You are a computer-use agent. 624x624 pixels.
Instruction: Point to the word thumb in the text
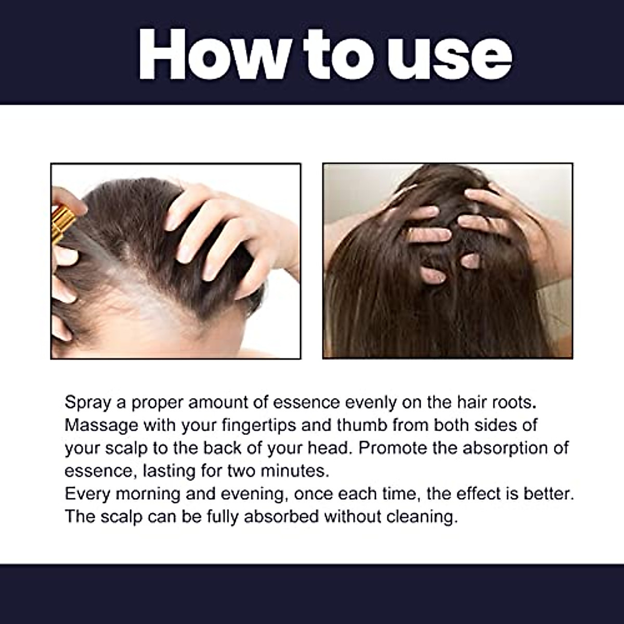click(361, 425)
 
